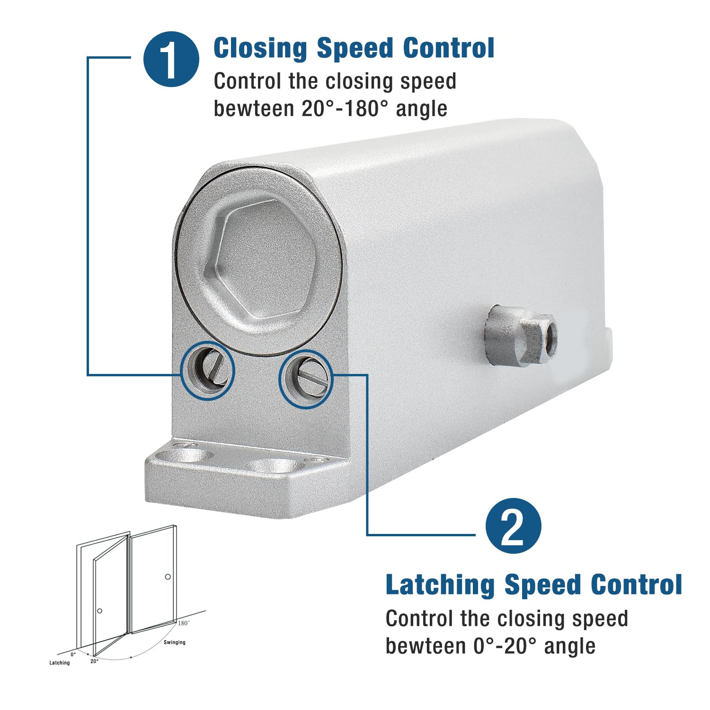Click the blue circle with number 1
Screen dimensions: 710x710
click(x=171, y=59)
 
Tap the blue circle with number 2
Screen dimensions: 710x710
click(x=514, y=526)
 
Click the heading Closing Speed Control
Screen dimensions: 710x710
click(x=354, y=48)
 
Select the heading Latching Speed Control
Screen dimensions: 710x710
click(x=534, y=585)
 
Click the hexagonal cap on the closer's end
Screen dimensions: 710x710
click(x=260, y=258)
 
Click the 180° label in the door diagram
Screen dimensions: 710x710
click(x=184, y=623)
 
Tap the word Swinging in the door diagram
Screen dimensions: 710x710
click(x=175, y=642)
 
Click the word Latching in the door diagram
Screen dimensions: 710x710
click(x=60, y=663)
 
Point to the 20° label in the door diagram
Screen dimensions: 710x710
click(x=94, y=661)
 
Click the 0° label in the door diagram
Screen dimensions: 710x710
click(x=73, y=655)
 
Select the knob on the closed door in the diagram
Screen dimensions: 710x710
click(x=168, y=577)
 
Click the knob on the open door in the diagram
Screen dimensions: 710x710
click(x=99, y=611)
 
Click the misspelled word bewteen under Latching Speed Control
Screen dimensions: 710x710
click(x=426, y=646)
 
